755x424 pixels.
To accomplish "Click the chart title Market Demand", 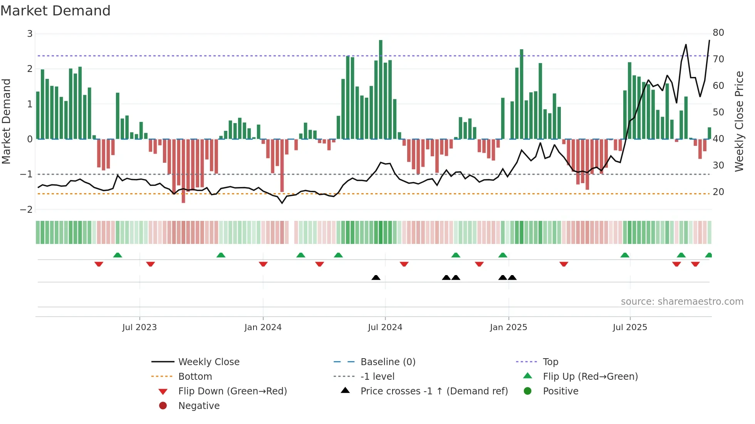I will (55, 11).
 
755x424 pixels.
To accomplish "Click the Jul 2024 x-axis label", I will (385, 327).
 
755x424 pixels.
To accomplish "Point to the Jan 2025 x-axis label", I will (508, 327).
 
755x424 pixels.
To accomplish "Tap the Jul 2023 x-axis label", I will (139, 327).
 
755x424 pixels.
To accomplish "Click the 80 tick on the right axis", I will (718, 33).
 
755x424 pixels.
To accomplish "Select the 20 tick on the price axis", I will (718, 192).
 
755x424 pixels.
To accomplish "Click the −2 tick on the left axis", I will (27, 210).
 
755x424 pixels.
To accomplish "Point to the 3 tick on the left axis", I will (30, 34).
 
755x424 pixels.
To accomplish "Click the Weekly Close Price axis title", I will (739, 121).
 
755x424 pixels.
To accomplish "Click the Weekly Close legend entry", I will (208, 362).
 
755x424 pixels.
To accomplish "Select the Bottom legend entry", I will (195, 377).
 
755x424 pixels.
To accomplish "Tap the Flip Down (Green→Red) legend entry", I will (232, 391).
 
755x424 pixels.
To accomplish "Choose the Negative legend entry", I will (199, 406).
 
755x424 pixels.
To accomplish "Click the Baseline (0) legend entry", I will (388, 362).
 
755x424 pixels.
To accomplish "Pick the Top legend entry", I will (550, 362).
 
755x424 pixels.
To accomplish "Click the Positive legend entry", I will (560, 391).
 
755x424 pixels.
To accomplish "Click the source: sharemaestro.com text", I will (682, 302).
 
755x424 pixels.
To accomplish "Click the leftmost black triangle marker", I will (376, 277).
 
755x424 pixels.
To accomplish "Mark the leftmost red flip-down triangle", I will (99, 264).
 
